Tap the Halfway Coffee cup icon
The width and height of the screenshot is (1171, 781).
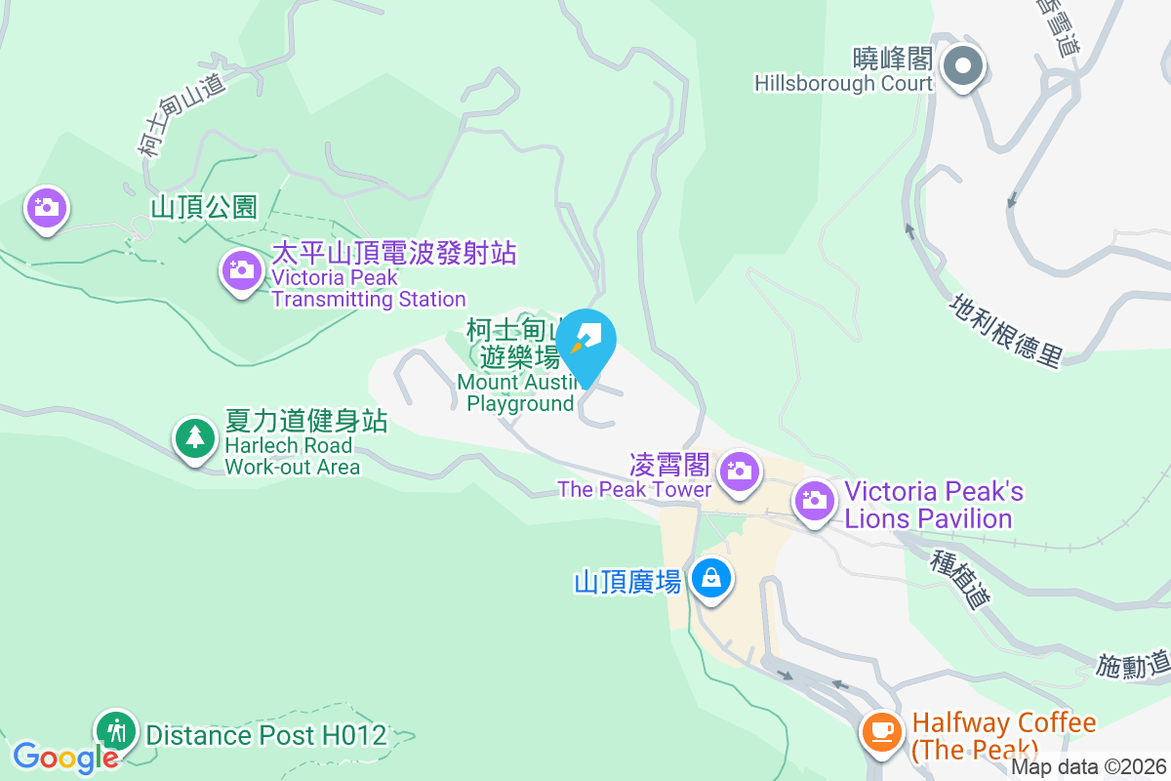[882, 730]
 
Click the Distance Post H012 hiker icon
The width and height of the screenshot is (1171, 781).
[116, 730]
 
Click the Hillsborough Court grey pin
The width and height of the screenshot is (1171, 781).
[963, 66]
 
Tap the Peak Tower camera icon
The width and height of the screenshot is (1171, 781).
[740, 473]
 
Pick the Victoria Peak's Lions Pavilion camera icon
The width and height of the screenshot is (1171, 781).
[814, 502]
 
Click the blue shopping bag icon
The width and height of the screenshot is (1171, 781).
[711, 578]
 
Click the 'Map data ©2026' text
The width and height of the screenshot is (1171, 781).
[1088, 767]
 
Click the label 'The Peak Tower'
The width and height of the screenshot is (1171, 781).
[634, 489]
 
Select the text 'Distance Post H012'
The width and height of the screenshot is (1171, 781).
[266, 734]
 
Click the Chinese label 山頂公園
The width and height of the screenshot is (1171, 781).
[203, 207]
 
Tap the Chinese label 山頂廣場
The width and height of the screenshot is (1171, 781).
[627, 583]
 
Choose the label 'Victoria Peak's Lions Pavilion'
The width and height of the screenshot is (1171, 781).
[934, 505]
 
